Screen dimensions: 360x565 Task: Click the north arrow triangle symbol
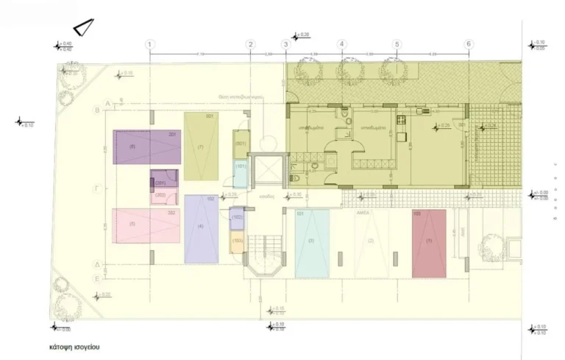tap(85, 27)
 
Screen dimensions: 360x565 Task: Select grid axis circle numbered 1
tap(150, 44)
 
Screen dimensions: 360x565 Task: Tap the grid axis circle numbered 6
tap(468, 44)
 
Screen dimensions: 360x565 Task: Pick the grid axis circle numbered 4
tap(341, 44)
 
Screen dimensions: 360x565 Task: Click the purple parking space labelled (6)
tap(147, 147)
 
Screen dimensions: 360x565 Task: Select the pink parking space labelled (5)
tap(146, 225)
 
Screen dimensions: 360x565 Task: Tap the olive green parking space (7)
tap(201, 146)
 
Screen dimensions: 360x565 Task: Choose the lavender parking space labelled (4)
tap(201, 228)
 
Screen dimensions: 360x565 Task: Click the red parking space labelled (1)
tap(429, 243)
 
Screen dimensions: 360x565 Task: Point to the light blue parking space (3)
tap(312, 243)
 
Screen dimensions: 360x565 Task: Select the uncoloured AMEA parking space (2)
tap(370, 243)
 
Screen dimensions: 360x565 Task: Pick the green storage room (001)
tap(241, 143)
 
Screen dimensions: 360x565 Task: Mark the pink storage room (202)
tap(163, 197)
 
